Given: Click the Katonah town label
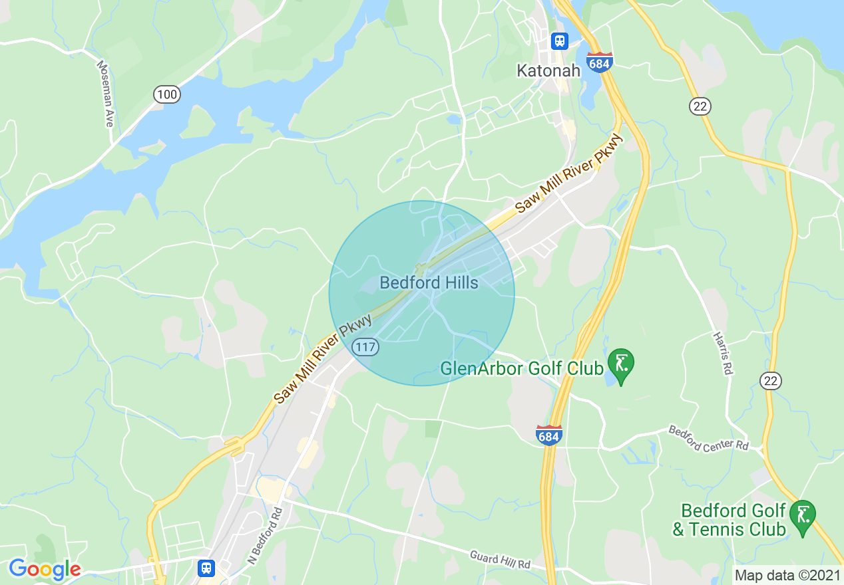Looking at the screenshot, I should (549, 70).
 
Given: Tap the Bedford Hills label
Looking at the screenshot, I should (429, 283).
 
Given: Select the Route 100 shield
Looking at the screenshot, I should (166, 95).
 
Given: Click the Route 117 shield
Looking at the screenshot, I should (366, 346).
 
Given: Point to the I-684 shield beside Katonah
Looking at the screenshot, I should (600, 64).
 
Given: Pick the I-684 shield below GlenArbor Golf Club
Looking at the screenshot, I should (548, 435).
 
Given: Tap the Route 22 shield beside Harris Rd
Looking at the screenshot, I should (771, 381).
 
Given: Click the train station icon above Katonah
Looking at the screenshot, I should (559, 41).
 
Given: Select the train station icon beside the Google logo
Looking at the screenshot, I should (206, 568).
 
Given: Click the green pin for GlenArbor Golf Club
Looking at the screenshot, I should (621, 364).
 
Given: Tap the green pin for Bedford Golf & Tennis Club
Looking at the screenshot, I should (803, 517).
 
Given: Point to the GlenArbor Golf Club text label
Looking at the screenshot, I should (522, 368).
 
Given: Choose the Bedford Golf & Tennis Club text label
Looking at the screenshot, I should (730, 520).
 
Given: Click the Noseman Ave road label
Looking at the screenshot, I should (105, 94).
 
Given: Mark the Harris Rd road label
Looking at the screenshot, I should (723, 353).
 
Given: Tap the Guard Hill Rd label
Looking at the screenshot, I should (500, 558).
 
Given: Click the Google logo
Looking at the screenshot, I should (44, 569).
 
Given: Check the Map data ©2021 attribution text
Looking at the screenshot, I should (786, 575).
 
